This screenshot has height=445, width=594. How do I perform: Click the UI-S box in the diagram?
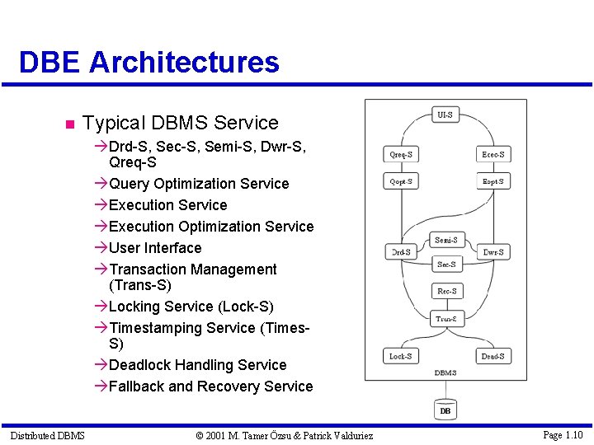coord(445,115)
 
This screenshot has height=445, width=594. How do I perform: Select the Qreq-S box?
coord(401,154)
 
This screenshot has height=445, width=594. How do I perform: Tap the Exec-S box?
coord(493,154)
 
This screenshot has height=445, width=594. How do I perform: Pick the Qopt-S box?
coord(401,181)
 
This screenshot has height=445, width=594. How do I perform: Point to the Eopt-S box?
coord(493,181)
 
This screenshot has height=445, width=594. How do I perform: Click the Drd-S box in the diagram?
coord(400,251)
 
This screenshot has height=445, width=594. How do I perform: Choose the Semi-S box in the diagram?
coord(446,240)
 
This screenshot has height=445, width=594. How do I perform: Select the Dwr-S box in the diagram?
coord(493,251)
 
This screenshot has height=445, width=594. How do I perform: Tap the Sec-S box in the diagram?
coord(446,265)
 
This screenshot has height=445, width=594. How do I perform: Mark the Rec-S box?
coord(446,291)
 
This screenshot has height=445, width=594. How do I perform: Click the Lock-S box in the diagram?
coord(400,356)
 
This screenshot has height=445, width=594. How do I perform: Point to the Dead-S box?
coord(493,356)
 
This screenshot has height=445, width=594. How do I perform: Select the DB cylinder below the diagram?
coord(445,409)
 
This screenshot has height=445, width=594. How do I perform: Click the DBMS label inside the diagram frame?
coord(445,373)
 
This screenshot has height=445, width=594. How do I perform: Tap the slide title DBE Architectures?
coord(149,62)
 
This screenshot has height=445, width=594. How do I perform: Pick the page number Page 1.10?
coord(563,434)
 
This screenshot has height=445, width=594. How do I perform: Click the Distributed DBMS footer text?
coord(47,434)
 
